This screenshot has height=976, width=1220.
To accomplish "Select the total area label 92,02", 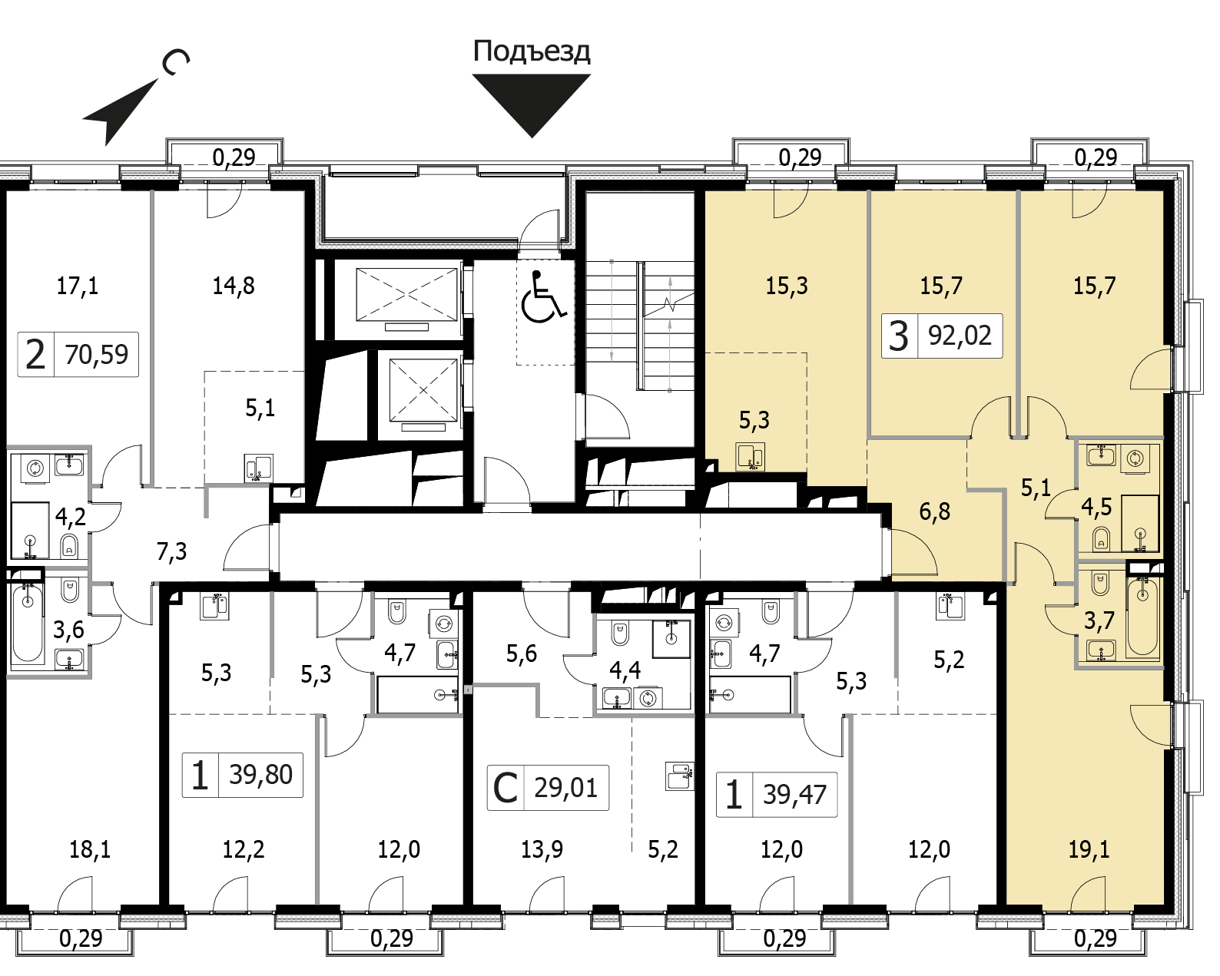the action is (960, 336).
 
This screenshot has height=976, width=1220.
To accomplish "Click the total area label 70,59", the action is (96, 355).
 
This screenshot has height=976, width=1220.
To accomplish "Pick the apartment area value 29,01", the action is (565, 789).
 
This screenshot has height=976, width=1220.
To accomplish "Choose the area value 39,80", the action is (260, 774).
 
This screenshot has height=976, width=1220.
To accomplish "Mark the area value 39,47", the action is (795, 795).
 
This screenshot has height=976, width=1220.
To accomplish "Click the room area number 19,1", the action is (1089, 849).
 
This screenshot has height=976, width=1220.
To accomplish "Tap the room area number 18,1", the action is (90, 849).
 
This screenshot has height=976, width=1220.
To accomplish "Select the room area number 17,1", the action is (78, 286).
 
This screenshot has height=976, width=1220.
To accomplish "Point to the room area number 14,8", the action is (234, 286).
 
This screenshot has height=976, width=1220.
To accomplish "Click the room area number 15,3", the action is (787, 286).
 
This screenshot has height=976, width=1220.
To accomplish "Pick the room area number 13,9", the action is (542, 849).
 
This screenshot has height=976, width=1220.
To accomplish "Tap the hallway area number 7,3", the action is (172, 551).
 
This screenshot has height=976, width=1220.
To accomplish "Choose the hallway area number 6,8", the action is (934, 512).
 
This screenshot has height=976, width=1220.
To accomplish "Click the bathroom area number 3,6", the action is (68, 630).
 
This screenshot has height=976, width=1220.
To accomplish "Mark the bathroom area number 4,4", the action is (625, 670).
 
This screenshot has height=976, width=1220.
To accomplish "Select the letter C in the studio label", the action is (506, 789).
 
